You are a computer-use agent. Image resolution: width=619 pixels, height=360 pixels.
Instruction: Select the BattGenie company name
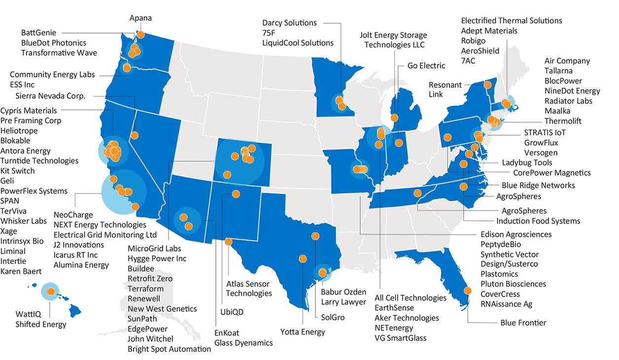[38, 33]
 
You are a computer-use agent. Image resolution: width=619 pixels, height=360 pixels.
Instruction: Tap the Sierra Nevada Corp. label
[50, 96]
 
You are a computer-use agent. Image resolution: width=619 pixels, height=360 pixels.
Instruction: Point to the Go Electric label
[426, 66]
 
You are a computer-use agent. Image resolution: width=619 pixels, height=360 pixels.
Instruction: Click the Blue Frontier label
[522, 323]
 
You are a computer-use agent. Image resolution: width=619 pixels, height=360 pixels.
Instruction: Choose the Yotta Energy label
[303, 332]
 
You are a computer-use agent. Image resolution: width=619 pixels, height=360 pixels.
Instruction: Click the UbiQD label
[232, 312]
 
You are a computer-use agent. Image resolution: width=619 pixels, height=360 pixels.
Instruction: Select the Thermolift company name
[563, 121]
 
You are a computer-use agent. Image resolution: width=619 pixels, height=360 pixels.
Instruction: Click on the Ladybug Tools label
[527, 162]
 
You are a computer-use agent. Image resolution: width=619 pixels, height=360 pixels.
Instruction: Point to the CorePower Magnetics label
[551, 173]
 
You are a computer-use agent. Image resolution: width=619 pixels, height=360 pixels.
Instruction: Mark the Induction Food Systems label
[538, 221]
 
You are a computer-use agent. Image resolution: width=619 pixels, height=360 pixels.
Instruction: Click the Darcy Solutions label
[289, 23]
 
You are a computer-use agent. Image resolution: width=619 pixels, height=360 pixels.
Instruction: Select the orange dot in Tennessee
[417, 193]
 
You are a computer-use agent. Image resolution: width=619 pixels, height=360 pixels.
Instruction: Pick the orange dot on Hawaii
[50, 292]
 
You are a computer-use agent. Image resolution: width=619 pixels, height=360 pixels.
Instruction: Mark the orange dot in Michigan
[394, 118]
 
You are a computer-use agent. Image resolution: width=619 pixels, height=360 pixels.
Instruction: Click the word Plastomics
[499, 274]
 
